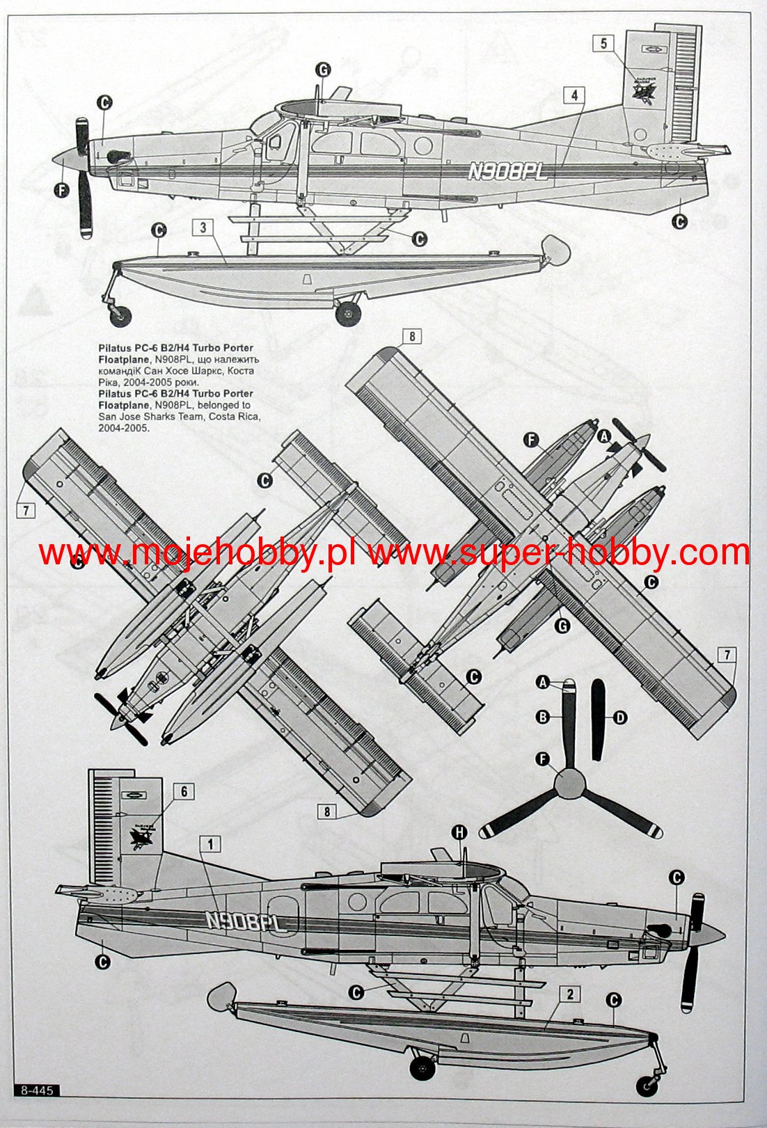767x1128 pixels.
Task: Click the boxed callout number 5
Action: pos(603,44)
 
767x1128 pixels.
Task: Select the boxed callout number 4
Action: pos(574,95)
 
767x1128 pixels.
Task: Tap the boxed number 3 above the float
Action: pos(203,228)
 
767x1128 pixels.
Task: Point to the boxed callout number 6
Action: pos(184,792)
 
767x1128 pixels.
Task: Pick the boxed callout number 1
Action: pos(209,845)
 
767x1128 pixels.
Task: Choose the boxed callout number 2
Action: pos(570,994)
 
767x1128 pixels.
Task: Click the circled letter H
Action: pos(459,833)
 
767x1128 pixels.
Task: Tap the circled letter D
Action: pos(619,717)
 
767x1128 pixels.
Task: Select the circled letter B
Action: pos(543,717)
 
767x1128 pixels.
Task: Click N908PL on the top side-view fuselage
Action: pos(507,171)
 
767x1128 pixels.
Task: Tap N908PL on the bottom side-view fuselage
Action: pos(246,923)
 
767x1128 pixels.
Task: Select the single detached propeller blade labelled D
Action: pos(597,720)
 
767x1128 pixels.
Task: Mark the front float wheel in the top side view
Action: pos(121,317)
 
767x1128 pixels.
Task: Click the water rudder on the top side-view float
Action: pos(554,248)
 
